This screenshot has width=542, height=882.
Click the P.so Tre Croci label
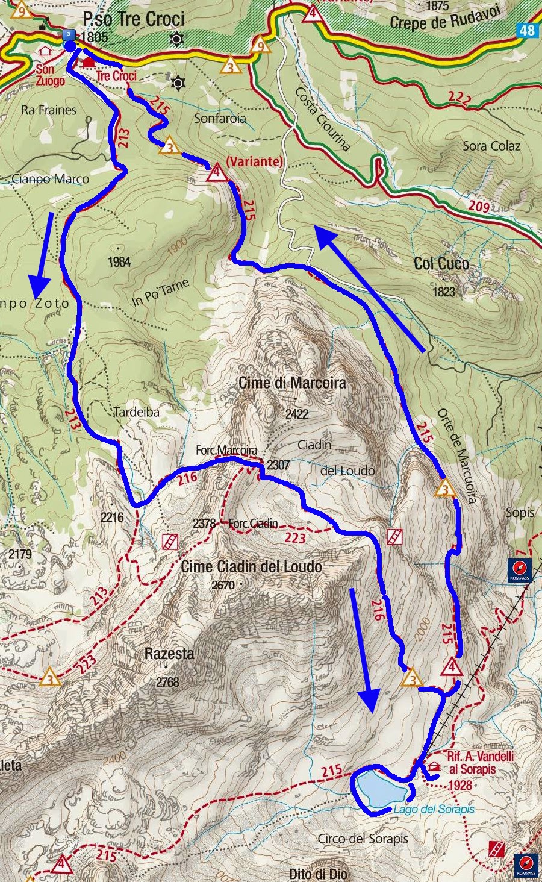[133, 19]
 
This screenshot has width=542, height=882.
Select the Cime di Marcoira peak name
[292, 383]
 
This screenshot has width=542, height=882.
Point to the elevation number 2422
[296, 413]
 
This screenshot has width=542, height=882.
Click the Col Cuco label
[441, 263]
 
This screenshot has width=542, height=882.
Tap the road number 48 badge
[527, 30]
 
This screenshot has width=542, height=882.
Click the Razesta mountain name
[169, 654]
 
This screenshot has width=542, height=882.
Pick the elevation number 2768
[167, 682]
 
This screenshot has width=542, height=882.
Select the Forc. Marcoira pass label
[226, 451]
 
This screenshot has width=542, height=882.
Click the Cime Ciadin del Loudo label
[251, 566]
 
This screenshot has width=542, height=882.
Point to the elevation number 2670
[223, 584]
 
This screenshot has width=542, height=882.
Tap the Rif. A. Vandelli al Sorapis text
[480, 763]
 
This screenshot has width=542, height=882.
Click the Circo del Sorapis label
[363, 839]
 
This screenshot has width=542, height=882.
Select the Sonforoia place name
[220, 118]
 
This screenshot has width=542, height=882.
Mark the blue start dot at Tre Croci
[70, 46]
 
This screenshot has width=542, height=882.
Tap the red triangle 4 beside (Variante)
[216, 173]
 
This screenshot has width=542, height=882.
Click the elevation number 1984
[119, 261]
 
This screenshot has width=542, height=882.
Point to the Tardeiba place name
[137, 412]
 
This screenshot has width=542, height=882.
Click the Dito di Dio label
[318, 874]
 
